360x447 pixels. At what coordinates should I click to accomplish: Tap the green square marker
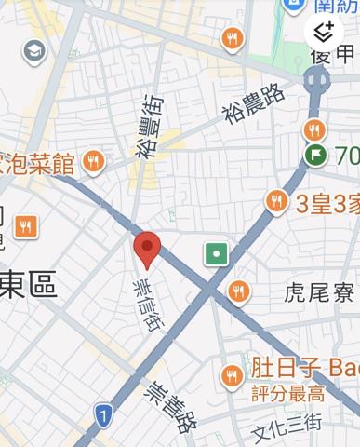(217, 253)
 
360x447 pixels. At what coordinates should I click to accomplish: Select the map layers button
(324, 34)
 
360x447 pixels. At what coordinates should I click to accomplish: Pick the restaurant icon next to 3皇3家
(276, 200)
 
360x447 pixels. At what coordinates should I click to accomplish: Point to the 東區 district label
(30, 285)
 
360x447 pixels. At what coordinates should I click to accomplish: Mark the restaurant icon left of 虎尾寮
(239, 291)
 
